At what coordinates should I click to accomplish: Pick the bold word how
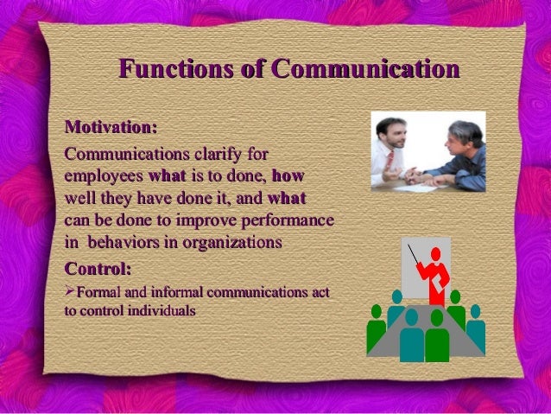(288, 177)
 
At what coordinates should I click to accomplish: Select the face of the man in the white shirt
(395, 132)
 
